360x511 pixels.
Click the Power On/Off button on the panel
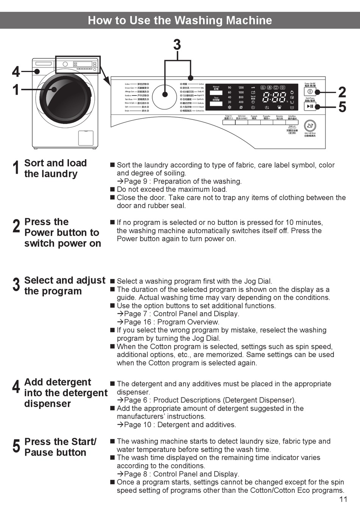coord(310,92)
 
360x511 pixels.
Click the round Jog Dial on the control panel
coord(165,94)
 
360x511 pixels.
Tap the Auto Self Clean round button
coord(310,126)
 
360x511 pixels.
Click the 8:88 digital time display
coord(274,97)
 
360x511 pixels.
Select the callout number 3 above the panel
coord(177,45)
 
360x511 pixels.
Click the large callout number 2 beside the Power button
coord(342,92)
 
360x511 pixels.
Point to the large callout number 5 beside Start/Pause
coord(342,107)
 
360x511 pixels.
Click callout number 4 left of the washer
coord(16,71)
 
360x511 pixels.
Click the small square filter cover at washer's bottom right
coord(86,138)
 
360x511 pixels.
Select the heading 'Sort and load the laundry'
coord(55,168)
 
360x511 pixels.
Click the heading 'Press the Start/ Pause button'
coord(60,447)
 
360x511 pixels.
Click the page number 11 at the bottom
coord(343,499)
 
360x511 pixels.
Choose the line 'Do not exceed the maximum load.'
coord(172,189)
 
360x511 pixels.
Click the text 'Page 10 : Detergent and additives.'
coord(180,425)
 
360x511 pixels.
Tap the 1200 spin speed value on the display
coord(241,88)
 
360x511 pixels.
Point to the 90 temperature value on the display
coord(229,88)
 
